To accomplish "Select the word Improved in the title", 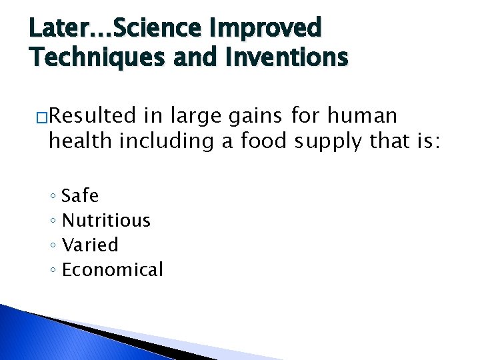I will pos(266,28).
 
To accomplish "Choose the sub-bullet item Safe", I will pos(80,196).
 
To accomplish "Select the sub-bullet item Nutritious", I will pos(106,220).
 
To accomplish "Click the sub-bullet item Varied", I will pos(90,245).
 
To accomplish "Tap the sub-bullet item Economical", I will pos(112,269).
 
